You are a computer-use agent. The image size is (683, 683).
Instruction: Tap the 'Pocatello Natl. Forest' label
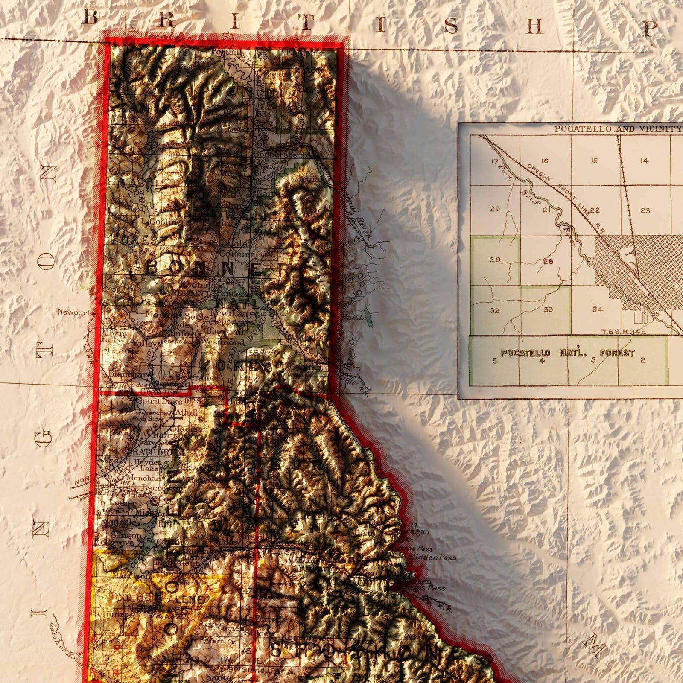tap(567, 353)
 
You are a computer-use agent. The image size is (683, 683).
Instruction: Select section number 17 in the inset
tap(495, 162)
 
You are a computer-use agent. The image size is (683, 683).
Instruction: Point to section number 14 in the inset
tap(644, 161)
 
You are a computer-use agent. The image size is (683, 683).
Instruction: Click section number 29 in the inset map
tap(495, 260)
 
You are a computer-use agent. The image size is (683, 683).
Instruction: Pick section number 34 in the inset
tap(597, 309)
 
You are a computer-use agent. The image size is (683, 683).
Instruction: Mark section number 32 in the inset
tap(495, 310)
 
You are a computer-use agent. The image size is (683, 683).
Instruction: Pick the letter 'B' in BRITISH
tap(90, 18)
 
